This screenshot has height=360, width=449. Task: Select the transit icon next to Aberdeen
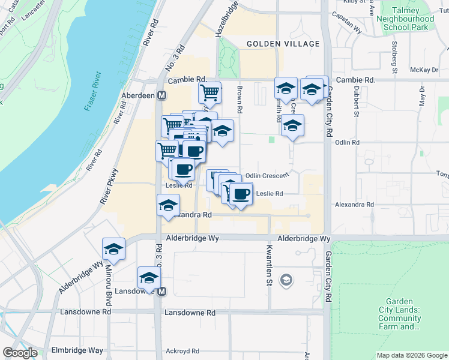[x=161, y=95]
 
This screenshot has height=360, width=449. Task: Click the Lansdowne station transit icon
[x=161, y=292]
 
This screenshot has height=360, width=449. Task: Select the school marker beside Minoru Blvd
[x=112, y=248]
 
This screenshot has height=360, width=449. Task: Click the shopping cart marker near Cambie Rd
[x=209, y=92]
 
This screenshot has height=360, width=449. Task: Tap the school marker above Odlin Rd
[x=292, y=125]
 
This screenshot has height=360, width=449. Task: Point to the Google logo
[x=20, y=353]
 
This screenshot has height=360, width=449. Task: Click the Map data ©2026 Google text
[x=411, y=355]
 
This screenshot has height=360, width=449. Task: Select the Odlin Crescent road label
[x=268, y=175]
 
